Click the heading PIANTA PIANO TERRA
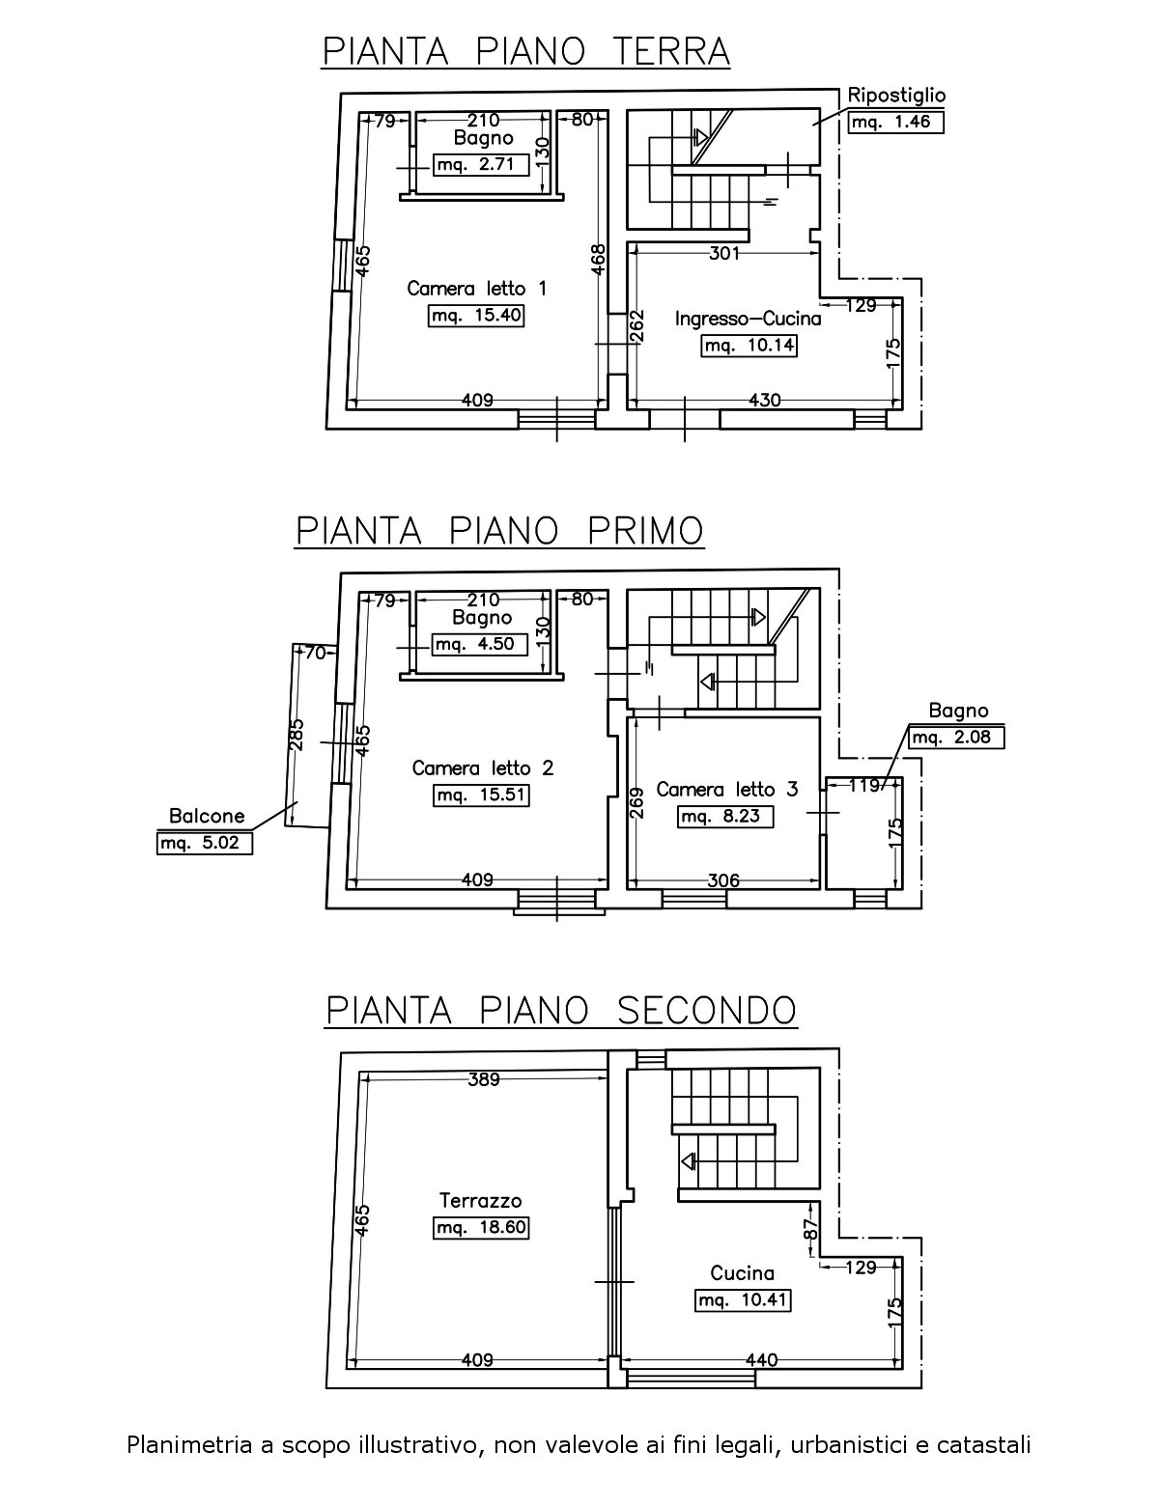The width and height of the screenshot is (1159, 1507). tap(525, 52)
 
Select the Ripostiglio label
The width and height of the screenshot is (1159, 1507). tap(896, 95)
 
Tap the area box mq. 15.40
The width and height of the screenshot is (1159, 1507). tap(476, 316)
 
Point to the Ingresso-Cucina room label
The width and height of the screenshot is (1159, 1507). tap(748, 319)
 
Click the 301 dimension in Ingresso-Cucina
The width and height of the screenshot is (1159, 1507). tap(724, 254)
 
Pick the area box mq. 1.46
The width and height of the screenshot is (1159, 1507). tap(896, 122)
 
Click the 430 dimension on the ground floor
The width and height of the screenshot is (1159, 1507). tap(764, 400)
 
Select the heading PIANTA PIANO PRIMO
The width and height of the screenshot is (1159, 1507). tap(499, 532)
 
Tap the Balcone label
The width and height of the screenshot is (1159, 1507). tap(207, 817)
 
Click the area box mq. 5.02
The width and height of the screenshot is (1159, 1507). tap(204, 844)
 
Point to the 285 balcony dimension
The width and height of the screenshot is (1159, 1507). tap(297, 735)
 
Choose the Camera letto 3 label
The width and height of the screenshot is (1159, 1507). tap(727, 789)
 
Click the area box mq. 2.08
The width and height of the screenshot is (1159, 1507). tap(956, 738)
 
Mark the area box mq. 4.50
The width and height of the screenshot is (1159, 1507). tap(479, 644)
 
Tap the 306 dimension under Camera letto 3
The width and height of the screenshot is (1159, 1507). tap(723, 880)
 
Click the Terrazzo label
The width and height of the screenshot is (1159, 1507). tap(481, 1199)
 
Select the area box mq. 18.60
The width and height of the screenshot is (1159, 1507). tap(481, 1228)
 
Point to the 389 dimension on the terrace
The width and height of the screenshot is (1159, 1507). tap(484, 1079)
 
